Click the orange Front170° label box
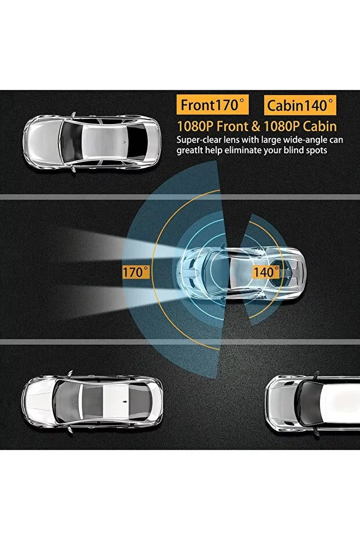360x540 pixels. pyautogui.click(x=212, y=105)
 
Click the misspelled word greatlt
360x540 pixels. pyautogui.click(x=190, y=150)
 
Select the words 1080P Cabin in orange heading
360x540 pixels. pyautogui.click(x=300, y=126)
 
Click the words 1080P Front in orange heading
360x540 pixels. pyautogui.click(x=212, y=126)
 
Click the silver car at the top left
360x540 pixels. pyautogui.click(x=92, y=142)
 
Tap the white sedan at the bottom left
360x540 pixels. pyautogui.click(x=92, y=401)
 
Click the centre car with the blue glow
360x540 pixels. pyautogui.click(x=241, y=273)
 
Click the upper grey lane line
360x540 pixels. pyautogui.click(x=180, y=197)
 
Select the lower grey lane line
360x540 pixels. pyautogui.click(x=180, y=342)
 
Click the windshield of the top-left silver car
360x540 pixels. pyautogui.click(x=71, y=142)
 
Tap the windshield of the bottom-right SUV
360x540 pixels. pyautogui.click(x=306, y=404)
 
